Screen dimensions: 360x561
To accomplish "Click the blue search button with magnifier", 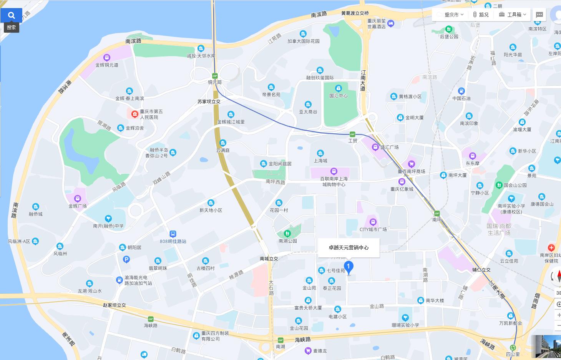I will pyautogui.click(x=11, y=15).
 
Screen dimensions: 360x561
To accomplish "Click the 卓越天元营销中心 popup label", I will pyautogui.click(x=349, y=247).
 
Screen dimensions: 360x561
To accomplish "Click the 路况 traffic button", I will pyautogui.click(x=481, y=15).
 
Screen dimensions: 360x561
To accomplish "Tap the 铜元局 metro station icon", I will pyautogui.click(x=215, y=76).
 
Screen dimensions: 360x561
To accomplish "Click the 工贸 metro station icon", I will pyautogui.click(x=352, y=134).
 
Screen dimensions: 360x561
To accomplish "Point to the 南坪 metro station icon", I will pyautogui.click(x=437, y=213).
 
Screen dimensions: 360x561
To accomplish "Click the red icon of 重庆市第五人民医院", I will pyautogui.click(x=135, y=114).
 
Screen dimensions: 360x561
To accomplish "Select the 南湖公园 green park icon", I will pyautogui.click(x=287, y=234).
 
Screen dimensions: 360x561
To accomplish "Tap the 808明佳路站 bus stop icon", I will pyautogui.click(x=173, y=234).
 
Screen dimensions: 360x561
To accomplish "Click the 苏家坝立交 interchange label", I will pyautogui.click(x=209, y=101).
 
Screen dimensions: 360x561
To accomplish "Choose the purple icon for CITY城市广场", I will pyautogui.click(x=373, y=222).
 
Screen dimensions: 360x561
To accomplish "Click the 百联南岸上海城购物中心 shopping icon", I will pyautogui.click(x=334, y=171).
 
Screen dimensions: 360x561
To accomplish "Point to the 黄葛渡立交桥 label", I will pyautogui.click(x=355, y=13).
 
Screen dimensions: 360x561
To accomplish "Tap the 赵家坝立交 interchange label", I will pyautogui.click(x=114, y=305).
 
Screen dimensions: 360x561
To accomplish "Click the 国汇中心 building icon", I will pyautogui.click(x=338, y=88).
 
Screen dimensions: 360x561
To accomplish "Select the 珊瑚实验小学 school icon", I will pyautogui.click(x=405, y=318).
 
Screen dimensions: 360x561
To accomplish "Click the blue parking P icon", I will pyautogui.click(x=126, y=260).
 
